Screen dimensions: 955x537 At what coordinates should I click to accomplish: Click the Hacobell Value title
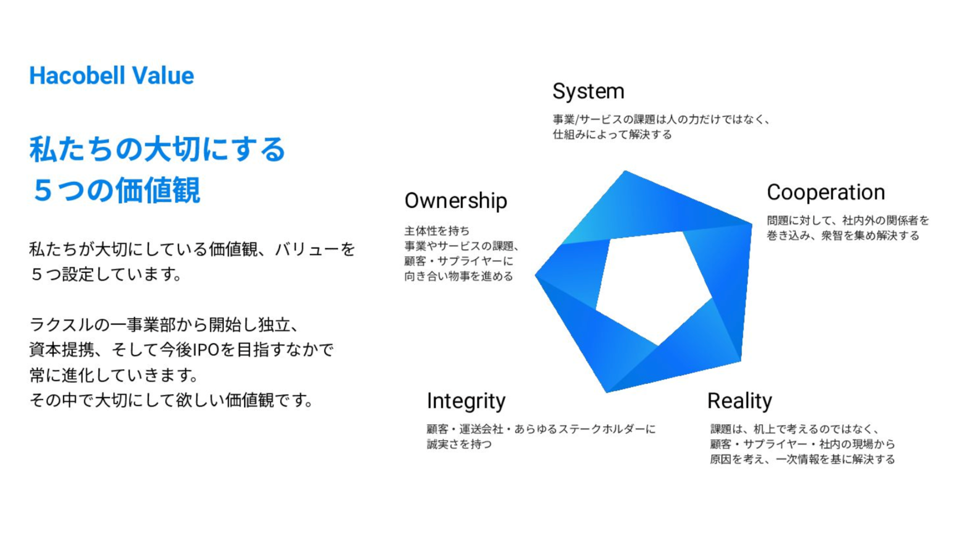pyautogui.click(x=111, y=76)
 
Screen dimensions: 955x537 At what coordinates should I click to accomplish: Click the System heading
pyautogui.click(x=588, y=92)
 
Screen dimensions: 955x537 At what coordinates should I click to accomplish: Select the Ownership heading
pyautogui.click(x=456, y=201)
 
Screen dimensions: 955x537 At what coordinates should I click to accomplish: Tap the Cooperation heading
pyautogui.click(x=826, y=192)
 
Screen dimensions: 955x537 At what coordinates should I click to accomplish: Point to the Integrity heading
pyautogui.click(x=466, y=401)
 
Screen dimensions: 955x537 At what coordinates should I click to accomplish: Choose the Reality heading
pyautogui.click(x=740, y=401)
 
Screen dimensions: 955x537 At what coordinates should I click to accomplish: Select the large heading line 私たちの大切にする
pyautogui.click(x=157, y=149)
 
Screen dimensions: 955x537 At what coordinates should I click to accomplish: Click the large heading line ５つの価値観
pyautogui.click(x=116, y=190)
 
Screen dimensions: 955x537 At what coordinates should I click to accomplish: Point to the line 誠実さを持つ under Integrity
pyautogui.click(x=459, y=444)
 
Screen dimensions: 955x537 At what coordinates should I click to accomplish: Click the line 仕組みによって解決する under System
pyautogui.click(x=612, y=134)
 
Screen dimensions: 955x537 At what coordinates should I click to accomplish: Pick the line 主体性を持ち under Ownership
pyautogui.click(x=437, y=231)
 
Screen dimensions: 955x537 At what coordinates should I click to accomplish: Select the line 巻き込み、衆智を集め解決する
pyautogui.click(x=843, y=235)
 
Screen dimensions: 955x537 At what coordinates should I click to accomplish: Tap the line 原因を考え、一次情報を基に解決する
pyautogui.click(x=802, y=459)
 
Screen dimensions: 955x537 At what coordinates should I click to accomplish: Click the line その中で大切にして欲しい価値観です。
pyautogui.click(x=171, y=400)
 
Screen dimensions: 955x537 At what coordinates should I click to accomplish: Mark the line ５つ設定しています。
pyautogui.click(x=106, y=274)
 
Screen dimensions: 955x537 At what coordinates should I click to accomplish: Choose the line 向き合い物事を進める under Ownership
pyautogui.click(x=459, y=276)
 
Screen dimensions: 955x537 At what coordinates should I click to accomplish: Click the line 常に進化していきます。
pyautogui.click(x=114, y=375)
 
